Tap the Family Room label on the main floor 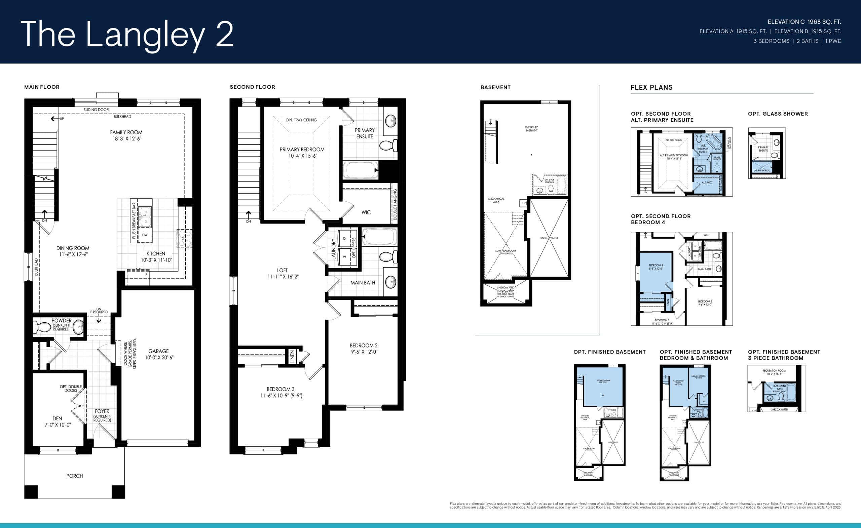click(x=126, y=132)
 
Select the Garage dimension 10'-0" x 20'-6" click(x=159, y=358)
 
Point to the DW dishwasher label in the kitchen click(x=145, y=235)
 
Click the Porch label click(x=74, y=476)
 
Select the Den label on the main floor click(x=57, y=418)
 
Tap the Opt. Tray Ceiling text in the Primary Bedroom click(x=301, y=120)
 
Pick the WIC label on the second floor click(x=366, y=212)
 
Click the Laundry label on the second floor click(x=333, y=249)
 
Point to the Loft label click(x=282, y=270)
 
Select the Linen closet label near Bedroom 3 click(x=292, y=357)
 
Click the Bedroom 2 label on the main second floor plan click(x=364, y=346)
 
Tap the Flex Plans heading click(x=651, y=87)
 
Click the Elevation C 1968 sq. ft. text click(x=804, y=22)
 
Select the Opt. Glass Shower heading click(x=778, y=114)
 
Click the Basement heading click(x=495, y=87)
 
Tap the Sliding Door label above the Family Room click(x=96, y=110)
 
